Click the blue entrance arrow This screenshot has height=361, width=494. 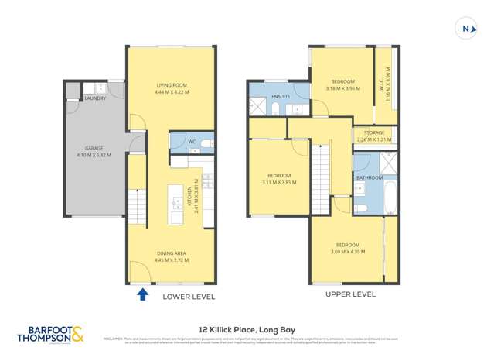point(142,294)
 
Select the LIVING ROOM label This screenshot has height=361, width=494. point(172,85)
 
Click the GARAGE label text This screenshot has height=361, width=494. point(94,148)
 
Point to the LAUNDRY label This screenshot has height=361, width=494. point(95,98)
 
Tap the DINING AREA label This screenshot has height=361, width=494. point(172,253)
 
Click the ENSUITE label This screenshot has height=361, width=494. point(281,96)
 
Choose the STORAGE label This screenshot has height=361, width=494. point(373,133)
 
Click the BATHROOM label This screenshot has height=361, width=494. point(370,177)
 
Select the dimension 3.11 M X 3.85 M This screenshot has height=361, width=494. point(278,183)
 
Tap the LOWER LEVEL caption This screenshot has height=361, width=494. point(189,297)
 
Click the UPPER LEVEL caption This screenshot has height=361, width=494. point(349,294)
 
